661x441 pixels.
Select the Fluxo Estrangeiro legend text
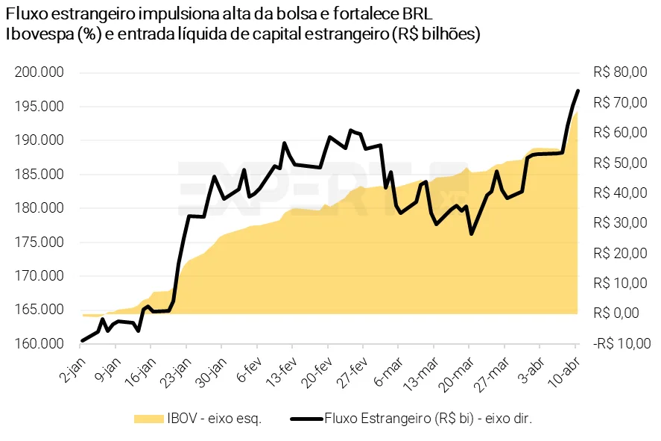point(428,419)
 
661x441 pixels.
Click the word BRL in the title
point(416,15)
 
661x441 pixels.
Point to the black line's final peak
point(578,91)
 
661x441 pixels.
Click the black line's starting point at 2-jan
point(82,341)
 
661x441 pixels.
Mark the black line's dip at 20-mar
point(471,234)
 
